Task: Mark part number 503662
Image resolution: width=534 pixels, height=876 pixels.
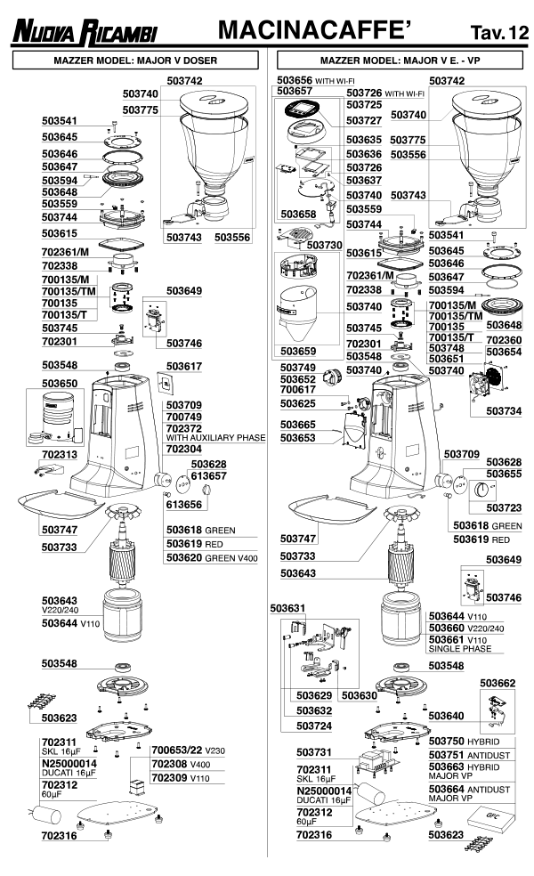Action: [x=498, y=683]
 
